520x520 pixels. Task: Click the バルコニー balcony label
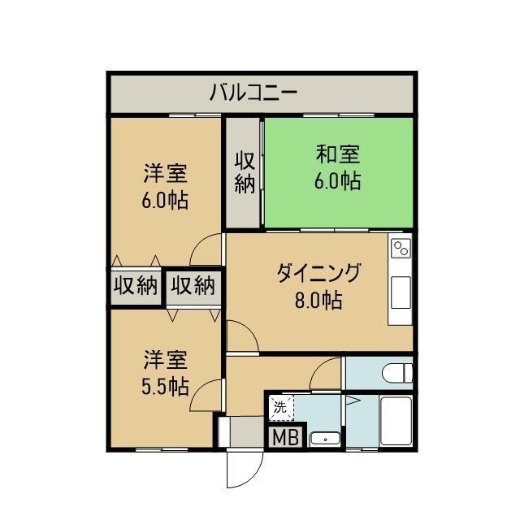[x=253, y=93]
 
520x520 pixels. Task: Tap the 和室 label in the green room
[x=338, y=154]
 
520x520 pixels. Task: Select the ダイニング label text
[x=318, y=273]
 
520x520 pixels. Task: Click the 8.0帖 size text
[x=318, y=300]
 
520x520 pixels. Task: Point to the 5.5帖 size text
[x=165, y=386]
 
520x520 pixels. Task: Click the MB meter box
[x=285, y=437]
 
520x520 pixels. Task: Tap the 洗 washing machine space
[x=281, y=408]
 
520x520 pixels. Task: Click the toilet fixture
[x=397, y=373]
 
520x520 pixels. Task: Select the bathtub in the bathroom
[x=396, y=421]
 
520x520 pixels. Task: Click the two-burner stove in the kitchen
[x=401, y=248]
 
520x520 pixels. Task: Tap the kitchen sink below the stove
[x=401, y=292]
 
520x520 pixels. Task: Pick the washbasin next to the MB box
[x=325, y=440]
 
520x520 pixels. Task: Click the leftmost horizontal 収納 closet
[x=136, y=286]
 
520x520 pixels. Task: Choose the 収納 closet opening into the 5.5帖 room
[x=193, y=286]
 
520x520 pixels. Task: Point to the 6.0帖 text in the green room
[x=338, y=181]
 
